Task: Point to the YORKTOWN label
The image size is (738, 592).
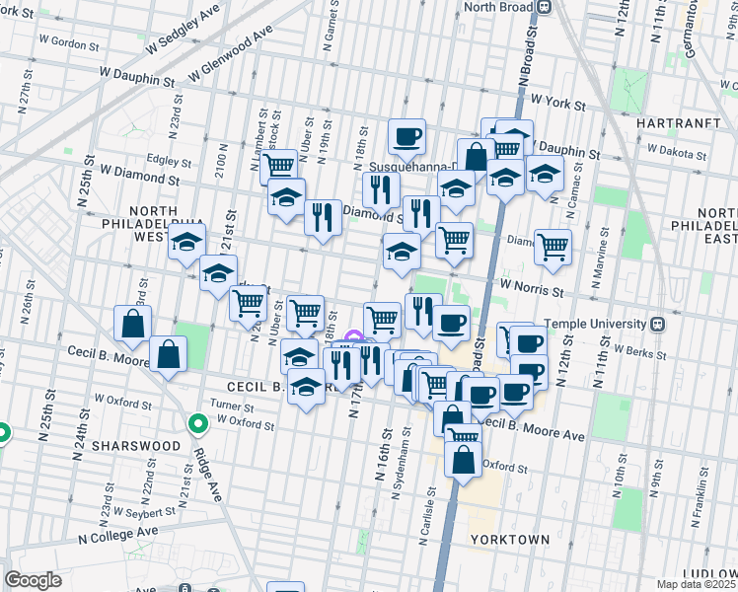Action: (509, 540)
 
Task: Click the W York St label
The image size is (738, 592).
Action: (557, 102)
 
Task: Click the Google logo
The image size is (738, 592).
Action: (33, 579)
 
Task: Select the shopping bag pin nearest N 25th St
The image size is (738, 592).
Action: (133, 324)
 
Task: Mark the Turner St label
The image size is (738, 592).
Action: (232, 407)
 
